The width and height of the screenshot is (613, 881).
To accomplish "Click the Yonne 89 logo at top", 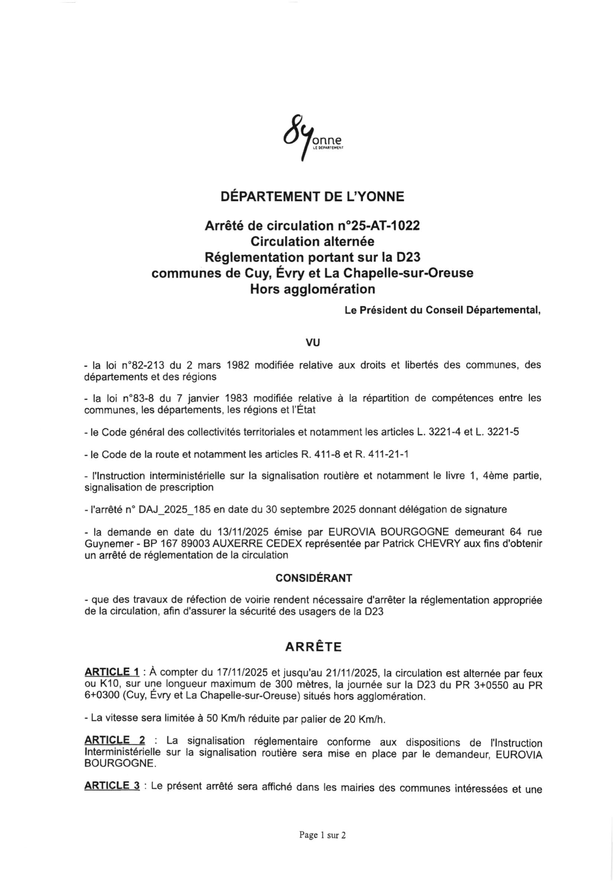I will (312, 137).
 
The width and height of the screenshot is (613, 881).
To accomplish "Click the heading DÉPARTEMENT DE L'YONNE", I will (312, 197).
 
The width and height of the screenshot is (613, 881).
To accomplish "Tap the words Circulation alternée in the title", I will (312, 241).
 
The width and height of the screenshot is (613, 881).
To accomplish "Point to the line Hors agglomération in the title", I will (312, 289).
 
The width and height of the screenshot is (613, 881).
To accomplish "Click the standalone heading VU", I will (312, 342).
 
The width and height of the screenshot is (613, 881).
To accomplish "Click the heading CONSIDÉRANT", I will (314, 578).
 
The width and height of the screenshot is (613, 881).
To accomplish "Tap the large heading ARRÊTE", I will (313, 647).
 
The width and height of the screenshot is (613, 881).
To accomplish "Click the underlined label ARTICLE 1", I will (112, 673).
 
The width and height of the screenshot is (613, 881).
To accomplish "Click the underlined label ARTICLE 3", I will (112, 786).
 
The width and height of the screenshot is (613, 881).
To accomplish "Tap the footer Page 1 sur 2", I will (322, 835).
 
